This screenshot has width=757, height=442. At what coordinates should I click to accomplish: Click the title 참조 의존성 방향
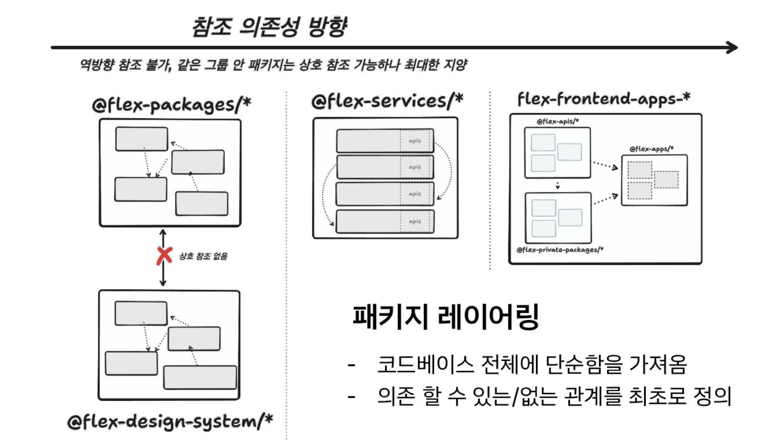pos(270,26)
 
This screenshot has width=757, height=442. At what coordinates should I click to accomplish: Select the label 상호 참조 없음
pos(203,256)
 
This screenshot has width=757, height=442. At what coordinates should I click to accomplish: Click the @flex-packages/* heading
pos(171,104)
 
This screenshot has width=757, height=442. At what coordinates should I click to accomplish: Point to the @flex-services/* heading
pos(387,101)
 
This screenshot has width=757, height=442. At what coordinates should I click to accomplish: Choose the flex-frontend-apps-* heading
pos(603,99)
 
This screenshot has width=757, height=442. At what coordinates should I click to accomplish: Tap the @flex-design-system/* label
pos(170,421)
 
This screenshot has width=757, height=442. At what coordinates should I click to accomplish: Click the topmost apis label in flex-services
pos(415,141)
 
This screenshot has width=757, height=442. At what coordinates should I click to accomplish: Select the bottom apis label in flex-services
pos(415,221)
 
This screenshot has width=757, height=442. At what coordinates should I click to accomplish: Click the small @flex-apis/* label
pos(557,121)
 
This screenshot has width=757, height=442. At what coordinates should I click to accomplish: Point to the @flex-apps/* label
pos(651,149)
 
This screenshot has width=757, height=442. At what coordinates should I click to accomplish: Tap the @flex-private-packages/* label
pos(560,250)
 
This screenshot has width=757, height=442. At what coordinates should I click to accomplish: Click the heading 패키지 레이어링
pos(446,317)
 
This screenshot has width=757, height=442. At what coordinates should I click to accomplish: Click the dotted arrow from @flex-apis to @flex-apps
pos(605,165)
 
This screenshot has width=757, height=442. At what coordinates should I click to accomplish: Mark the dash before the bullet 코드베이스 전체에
pos(351,365)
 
